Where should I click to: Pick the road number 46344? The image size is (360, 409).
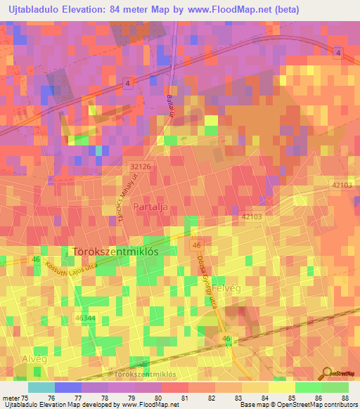pyautogui.click(x=85, y=318)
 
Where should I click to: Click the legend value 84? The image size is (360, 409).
pyautogui.click(x=264, y=398)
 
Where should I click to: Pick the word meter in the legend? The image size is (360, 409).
pyautogui.click(x=11, y=398)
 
